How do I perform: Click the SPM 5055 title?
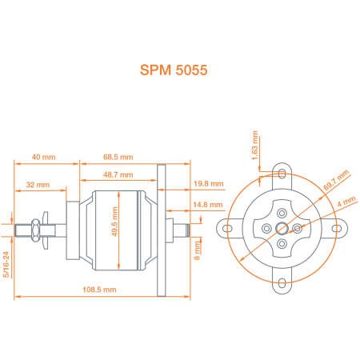pos(174,70)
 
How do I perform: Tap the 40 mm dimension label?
pos(44,157)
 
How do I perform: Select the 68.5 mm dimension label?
pos(118,157)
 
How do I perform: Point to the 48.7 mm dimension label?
pos(118,175)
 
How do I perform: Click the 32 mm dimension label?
pos(38,185)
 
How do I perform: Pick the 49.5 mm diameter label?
pos(114,222)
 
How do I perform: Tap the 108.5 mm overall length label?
pos(99,290)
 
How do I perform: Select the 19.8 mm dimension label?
pos(209,183)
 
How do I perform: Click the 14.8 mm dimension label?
pos(208,205)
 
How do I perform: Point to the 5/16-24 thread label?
pos(6,265)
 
